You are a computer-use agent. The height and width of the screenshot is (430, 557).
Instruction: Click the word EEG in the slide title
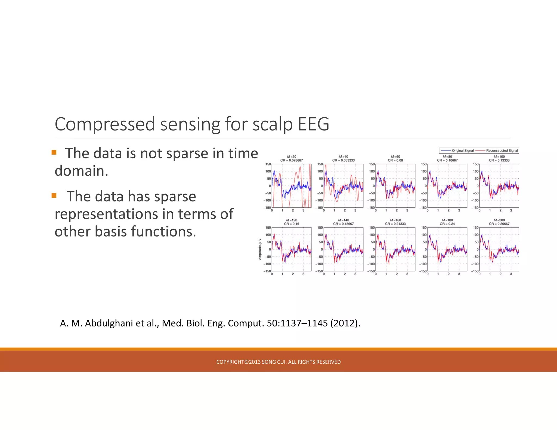[313, 124]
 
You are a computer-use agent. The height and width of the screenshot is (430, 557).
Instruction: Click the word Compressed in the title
[105, 124]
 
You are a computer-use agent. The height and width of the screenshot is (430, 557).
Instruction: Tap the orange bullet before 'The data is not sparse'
[54, 152]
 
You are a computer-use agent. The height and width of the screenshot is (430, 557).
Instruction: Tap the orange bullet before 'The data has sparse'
[54, 195]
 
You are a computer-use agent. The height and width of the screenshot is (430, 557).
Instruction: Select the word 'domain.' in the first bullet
[81, 171]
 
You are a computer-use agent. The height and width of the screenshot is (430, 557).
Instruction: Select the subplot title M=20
[292, 157]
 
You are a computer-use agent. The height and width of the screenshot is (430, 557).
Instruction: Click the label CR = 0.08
[395, 160]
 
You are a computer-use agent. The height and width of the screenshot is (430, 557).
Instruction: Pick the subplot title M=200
[499, 220]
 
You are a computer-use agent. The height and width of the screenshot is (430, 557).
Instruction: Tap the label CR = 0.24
[447, 224]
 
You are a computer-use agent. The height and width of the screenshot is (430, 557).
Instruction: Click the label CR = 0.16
[292, 224]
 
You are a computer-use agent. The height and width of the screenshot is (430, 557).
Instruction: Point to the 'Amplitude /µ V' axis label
[260, 249]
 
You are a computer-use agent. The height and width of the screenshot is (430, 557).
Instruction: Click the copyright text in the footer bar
[278, 362]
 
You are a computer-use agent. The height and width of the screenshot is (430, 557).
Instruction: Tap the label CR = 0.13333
[499, 160]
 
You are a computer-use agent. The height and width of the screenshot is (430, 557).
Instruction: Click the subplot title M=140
[344, 220]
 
